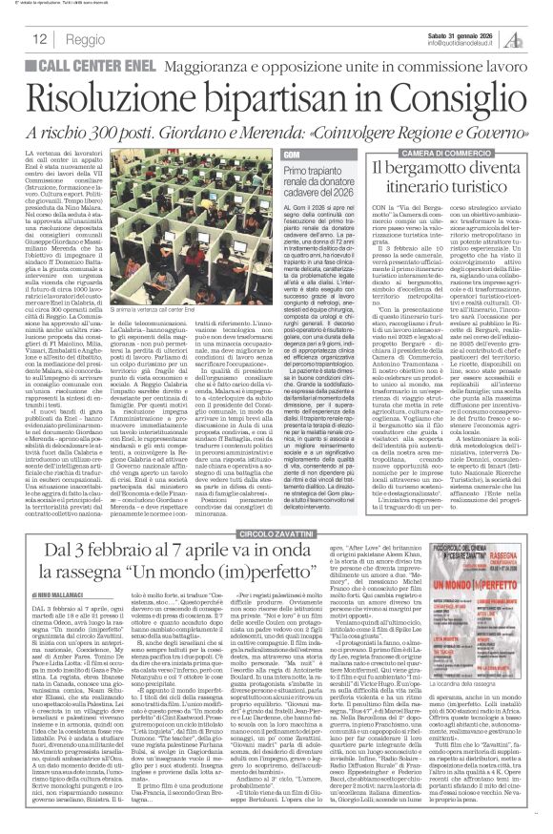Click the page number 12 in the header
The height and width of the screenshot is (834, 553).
42,41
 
